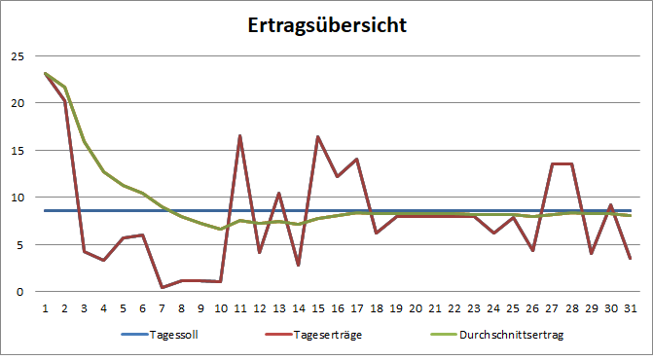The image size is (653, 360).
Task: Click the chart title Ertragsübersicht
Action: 326,23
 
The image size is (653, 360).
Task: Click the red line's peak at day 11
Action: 240,135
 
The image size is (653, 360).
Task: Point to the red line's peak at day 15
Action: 318,136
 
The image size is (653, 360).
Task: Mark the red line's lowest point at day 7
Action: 163,287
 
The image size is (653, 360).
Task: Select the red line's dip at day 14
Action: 299,265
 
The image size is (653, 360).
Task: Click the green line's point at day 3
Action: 85,141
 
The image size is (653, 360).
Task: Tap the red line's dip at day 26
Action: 532,250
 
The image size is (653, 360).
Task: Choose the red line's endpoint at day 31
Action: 631,258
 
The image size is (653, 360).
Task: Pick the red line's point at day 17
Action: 357,159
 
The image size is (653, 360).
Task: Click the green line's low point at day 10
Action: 221,229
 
